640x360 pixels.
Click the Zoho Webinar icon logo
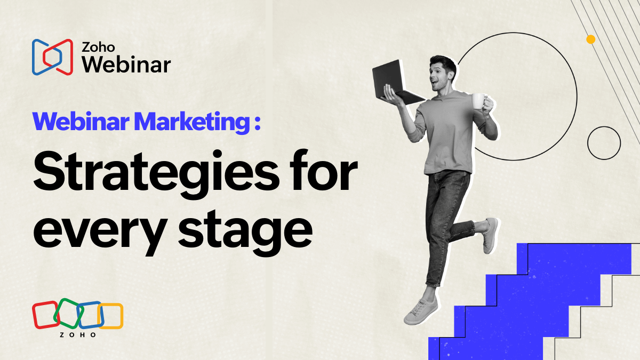52,57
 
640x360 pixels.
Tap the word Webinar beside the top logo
126,65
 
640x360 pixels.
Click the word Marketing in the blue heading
192,122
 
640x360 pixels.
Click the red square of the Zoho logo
46,315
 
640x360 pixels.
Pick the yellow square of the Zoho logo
110,316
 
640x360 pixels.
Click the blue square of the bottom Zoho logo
90,315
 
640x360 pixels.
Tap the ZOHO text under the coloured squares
78,335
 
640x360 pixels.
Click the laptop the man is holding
396,83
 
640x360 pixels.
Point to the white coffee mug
478,101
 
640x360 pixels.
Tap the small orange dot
590,39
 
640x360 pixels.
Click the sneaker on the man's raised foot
490,235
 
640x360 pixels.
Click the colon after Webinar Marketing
258,123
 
